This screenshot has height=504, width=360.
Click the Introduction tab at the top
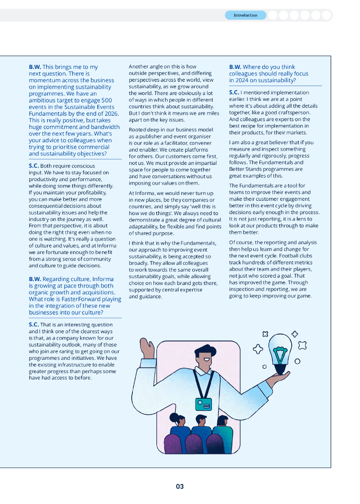(245, 15)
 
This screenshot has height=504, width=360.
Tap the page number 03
(180, 486)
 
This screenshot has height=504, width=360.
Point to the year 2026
(106, 113)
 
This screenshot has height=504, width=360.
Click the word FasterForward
(91, 299)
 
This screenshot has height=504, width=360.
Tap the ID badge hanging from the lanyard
(203, 404)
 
